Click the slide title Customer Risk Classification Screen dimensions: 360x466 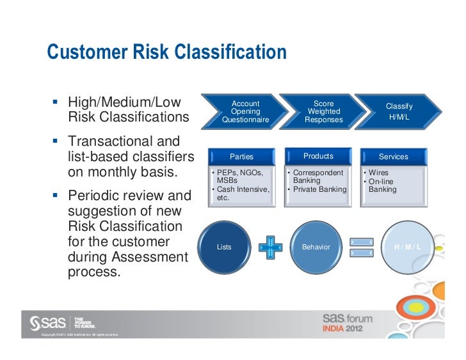coord(166,52)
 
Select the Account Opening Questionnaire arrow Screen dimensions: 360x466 coord(245,111)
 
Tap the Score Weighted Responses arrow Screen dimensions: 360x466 coord(324,111)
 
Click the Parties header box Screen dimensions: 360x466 coord(241,157)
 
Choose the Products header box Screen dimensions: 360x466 coord(318,156)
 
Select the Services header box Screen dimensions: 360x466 coord(393,157)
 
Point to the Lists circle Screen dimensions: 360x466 coord(225,247)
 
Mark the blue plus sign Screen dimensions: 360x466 coord(270,247)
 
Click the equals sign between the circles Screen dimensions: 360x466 coord(362,247)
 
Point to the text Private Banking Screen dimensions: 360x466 coord(319,189)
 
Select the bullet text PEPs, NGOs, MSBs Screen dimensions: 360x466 coord(241,176)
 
